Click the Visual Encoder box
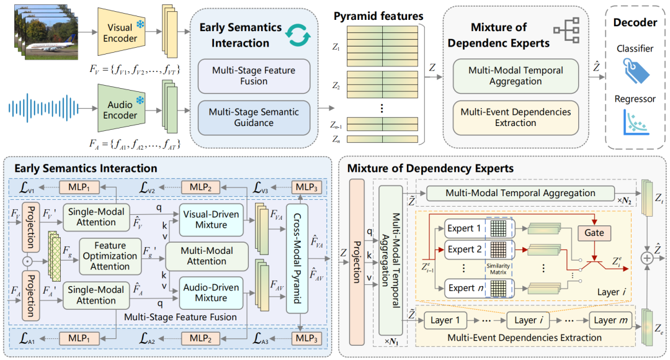[x=119, y=32]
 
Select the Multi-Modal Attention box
[x=212, y=256]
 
